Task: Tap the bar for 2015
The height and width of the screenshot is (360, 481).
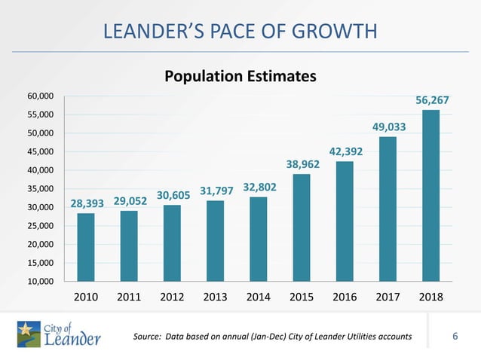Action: click(302, 227)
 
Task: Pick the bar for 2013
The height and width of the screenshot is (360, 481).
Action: click(216, 241)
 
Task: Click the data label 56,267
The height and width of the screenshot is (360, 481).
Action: click(431, 100)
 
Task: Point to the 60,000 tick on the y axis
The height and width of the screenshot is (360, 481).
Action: click(41, 96)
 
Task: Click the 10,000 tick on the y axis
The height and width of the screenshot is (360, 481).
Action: click(41, 282)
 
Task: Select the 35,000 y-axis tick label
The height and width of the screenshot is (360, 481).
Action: click(41, 189)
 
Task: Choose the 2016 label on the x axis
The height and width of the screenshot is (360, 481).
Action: click(345, 297)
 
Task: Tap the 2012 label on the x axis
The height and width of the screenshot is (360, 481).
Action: click(173, 297)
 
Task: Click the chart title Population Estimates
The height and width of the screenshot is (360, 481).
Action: click(240, 77)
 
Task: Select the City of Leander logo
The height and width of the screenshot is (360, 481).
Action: click(59, 334)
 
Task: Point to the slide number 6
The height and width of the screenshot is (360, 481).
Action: click(455, 335)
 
